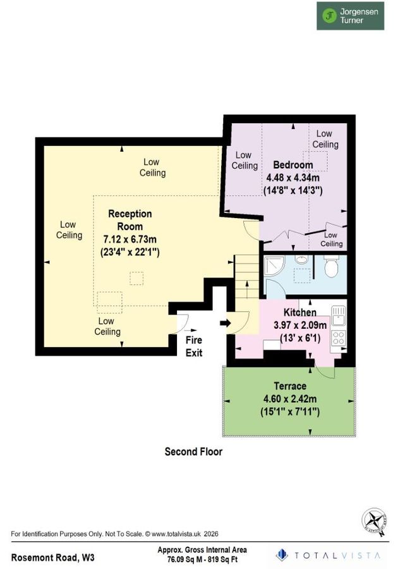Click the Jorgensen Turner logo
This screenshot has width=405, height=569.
[349, 16]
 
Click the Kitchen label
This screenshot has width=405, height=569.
[299, 313]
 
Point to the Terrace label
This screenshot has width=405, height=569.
[290, 386]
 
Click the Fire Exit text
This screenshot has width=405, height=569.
[194, 346]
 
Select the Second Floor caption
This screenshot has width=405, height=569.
[193, 452]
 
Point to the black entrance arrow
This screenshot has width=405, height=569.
[224, 324]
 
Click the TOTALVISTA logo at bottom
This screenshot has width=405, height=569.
[329, 555]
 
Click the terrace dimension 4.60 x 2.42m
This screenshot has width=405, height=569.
[290, 399]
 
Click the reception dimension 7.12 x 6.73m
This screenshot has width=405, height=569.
[130, 238]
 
